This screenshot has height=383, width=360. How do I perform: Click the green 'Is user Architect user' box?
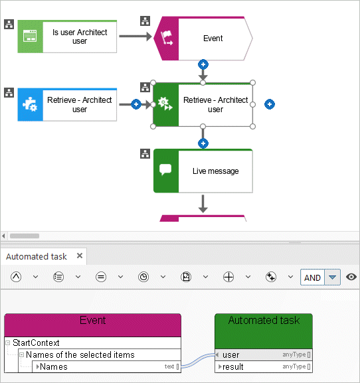click(x=67, y=37)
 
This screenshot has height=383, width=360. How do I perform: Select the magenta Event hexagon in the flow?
click(x=203, y=38)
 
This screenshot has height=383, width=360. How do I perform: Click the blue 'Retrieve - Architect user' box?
click(x=67, y=104)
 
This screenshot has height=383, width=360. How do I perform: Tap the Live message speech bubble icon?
click(x=165, y=169)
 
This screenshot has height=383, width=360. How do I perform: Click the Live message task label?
click(x=216, y=171)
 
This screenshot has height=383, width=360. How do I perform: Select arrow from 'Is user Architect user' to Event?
click(x=135, y=37)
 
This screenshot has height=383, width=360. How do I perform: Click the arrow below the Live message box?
click(x=203, y=204)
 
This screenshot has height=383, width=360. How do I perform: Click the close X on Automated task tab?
click(x=80, y=256)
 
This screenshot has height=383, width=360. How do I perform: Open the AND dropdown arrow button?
click(x=332, y=277)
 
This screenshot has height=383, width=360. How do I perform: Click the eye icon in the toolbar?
click(x=351, y=277)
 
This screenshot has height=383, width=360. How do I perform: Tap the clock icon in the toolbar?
click(x=143, y=277)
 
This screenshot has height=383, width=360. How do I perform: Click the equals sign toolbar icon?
click(x=101, y=277)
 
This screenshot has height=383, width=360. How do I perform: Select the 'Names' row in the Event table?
click(x=106, y=366)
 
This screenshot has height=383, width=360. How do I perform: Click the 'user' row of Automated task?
click(x=264, y=354)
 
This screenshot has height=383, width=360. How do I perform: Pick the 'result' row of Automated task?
click(x=264, y=366)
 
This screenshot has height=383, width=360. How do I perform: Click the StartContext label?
click(x=36, y=343)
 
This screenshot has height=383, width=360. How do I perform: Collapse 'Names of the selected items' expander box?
click(x=21, y=354)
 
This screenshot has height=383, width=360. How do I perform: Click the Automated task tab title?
click(x=37, y=256)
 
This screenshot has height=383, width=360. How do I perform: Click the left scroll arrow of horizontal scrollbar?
click(x=3, y=236)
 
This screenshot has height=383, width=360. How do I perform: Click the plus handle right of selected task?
click(x=270, y=104)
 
